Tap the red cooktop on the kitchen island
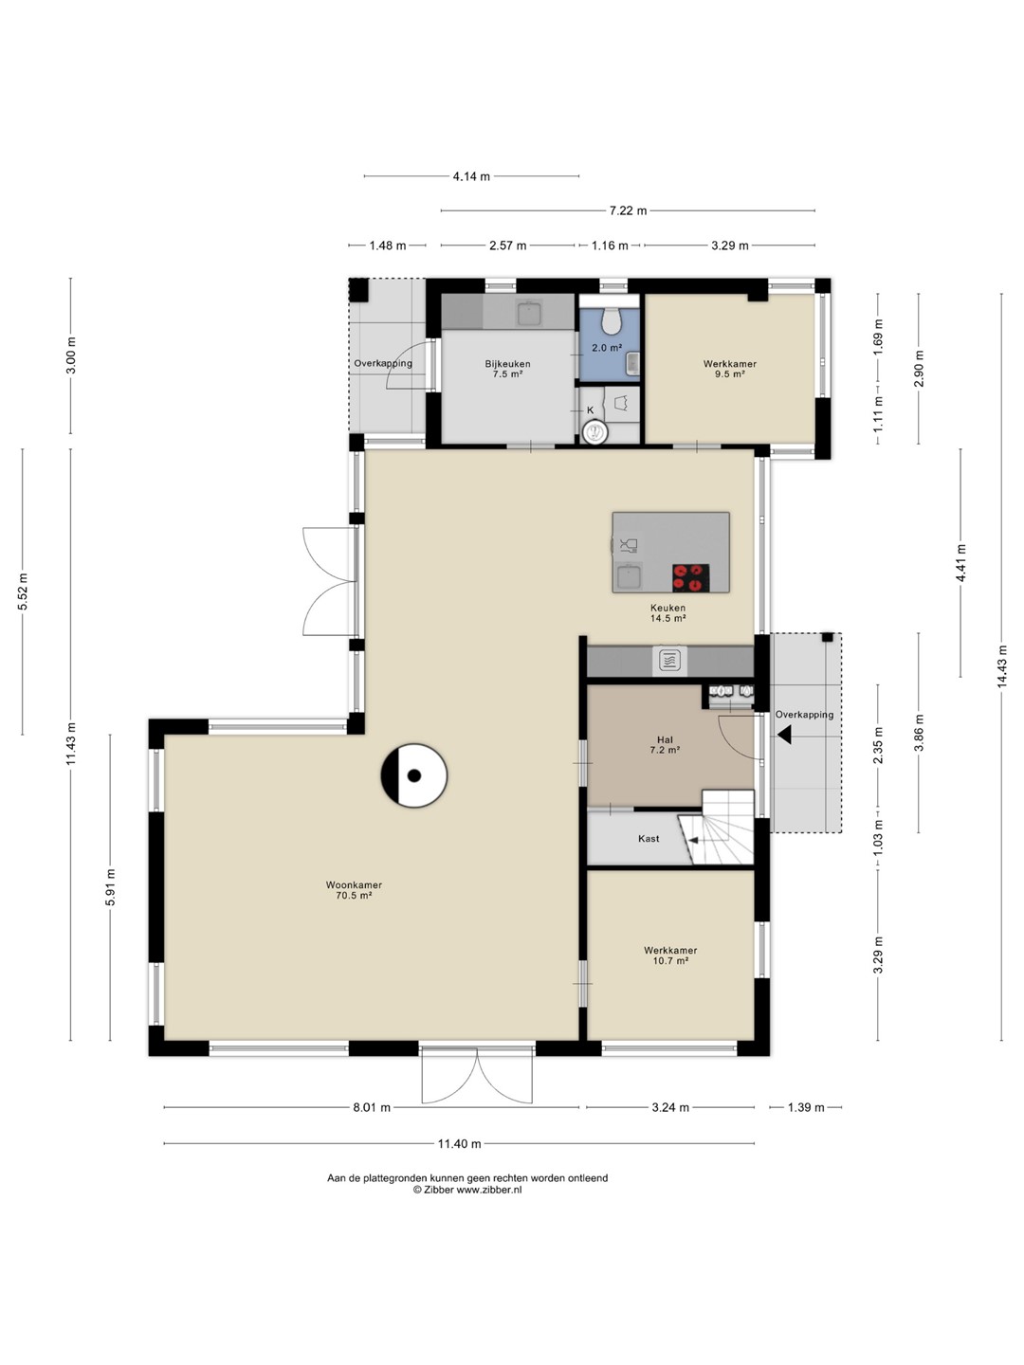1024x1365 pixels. [x=690, y=577]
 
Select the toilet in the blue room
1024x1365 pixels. [x=611, y=319]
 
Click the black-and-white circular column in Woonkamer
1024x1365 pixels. [x=414, y=775]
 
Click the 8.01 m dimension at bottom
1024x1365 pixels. [x=372, y=1107]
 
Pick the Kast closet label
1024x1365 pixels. [x=649, y=838]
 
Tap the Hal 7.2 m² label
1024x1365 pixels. [x=665, y=745]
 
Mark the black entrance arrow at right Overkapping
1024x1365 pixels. [x=783, y=735]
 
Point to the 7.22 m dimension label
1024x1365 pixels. [x=628, y=210]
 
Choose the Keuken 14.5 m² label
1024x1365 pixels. [x=667, y=612]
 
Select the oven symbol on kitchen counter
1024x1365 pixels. [x=669, y=660]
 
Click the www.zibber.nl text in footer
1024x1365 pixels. [x=489, y=1190]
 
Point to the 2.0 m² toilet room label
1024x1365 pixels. [x=606, y=348]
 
